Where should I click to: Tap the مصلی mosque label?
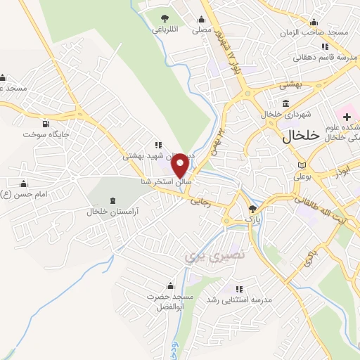pos(202,30)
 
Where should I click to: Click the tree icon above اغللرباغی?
pos(165,18)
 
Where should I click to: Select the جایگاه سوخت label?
pos(46,133)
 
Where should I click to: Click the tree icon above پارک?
pos(253,208)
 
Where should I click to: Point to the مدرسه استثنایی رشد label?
pos(249,299)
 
